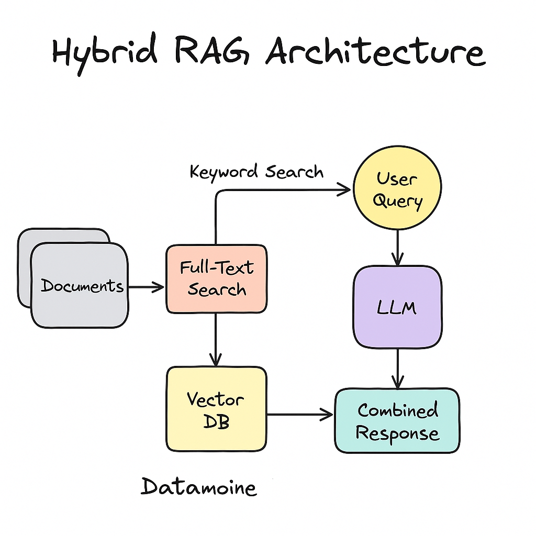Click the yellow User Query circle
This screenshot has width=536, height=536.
tap(397, 189)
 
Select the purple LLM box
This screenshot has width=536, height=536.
tap(397, 307)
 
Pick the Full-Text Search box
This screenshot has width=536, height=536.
tap(216, 279)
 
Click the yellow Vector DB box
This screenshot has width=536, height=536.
tap(216, 409)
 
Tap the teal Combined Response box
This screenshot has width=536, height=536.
tap(397, 421)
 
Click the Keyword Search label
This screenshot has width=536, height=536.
tap(256, 172)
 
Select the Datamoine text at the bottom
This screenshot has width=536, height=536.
tap(199, 487)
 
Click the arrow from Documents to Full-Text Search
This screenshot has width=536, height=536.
tap(147, 287)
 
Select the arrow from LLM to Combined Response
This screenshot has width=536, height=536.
tap(397, 369)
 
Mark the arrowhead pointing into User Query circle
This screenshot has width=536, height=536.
tap(343, 191)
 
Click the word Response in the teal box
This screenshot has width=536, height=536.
tap(397, 433)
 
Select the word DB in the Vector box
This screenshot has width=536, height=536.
tap(216, 422)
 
